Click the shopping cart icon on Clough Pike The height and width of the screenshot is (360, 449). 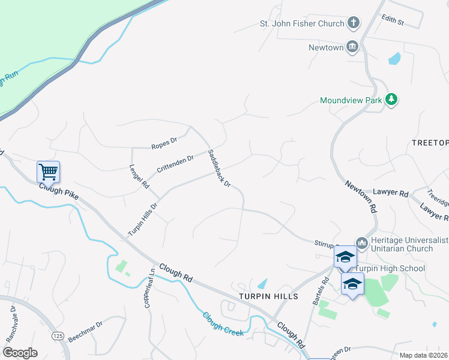(48, 172)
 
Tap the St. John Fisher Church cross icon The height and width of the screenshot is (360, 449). (354, 23)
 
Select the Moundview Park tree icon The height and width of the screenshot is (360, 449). (392, 100)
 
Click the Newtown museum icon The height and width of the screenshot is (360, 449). (352, 46)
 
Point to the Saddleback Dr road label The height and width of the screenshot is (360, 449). (219, 169)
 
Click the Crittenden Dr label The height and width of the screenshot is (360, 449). (175, 163)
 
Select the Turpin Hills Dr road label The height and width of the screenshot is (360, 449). (142, 219)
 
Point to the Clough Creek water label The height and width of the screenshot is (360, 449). (223, 323)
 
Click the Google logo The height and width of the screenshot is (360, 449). (20, 353)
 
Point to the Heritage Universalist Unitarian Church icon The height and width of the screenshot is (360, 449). (361, 243)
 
